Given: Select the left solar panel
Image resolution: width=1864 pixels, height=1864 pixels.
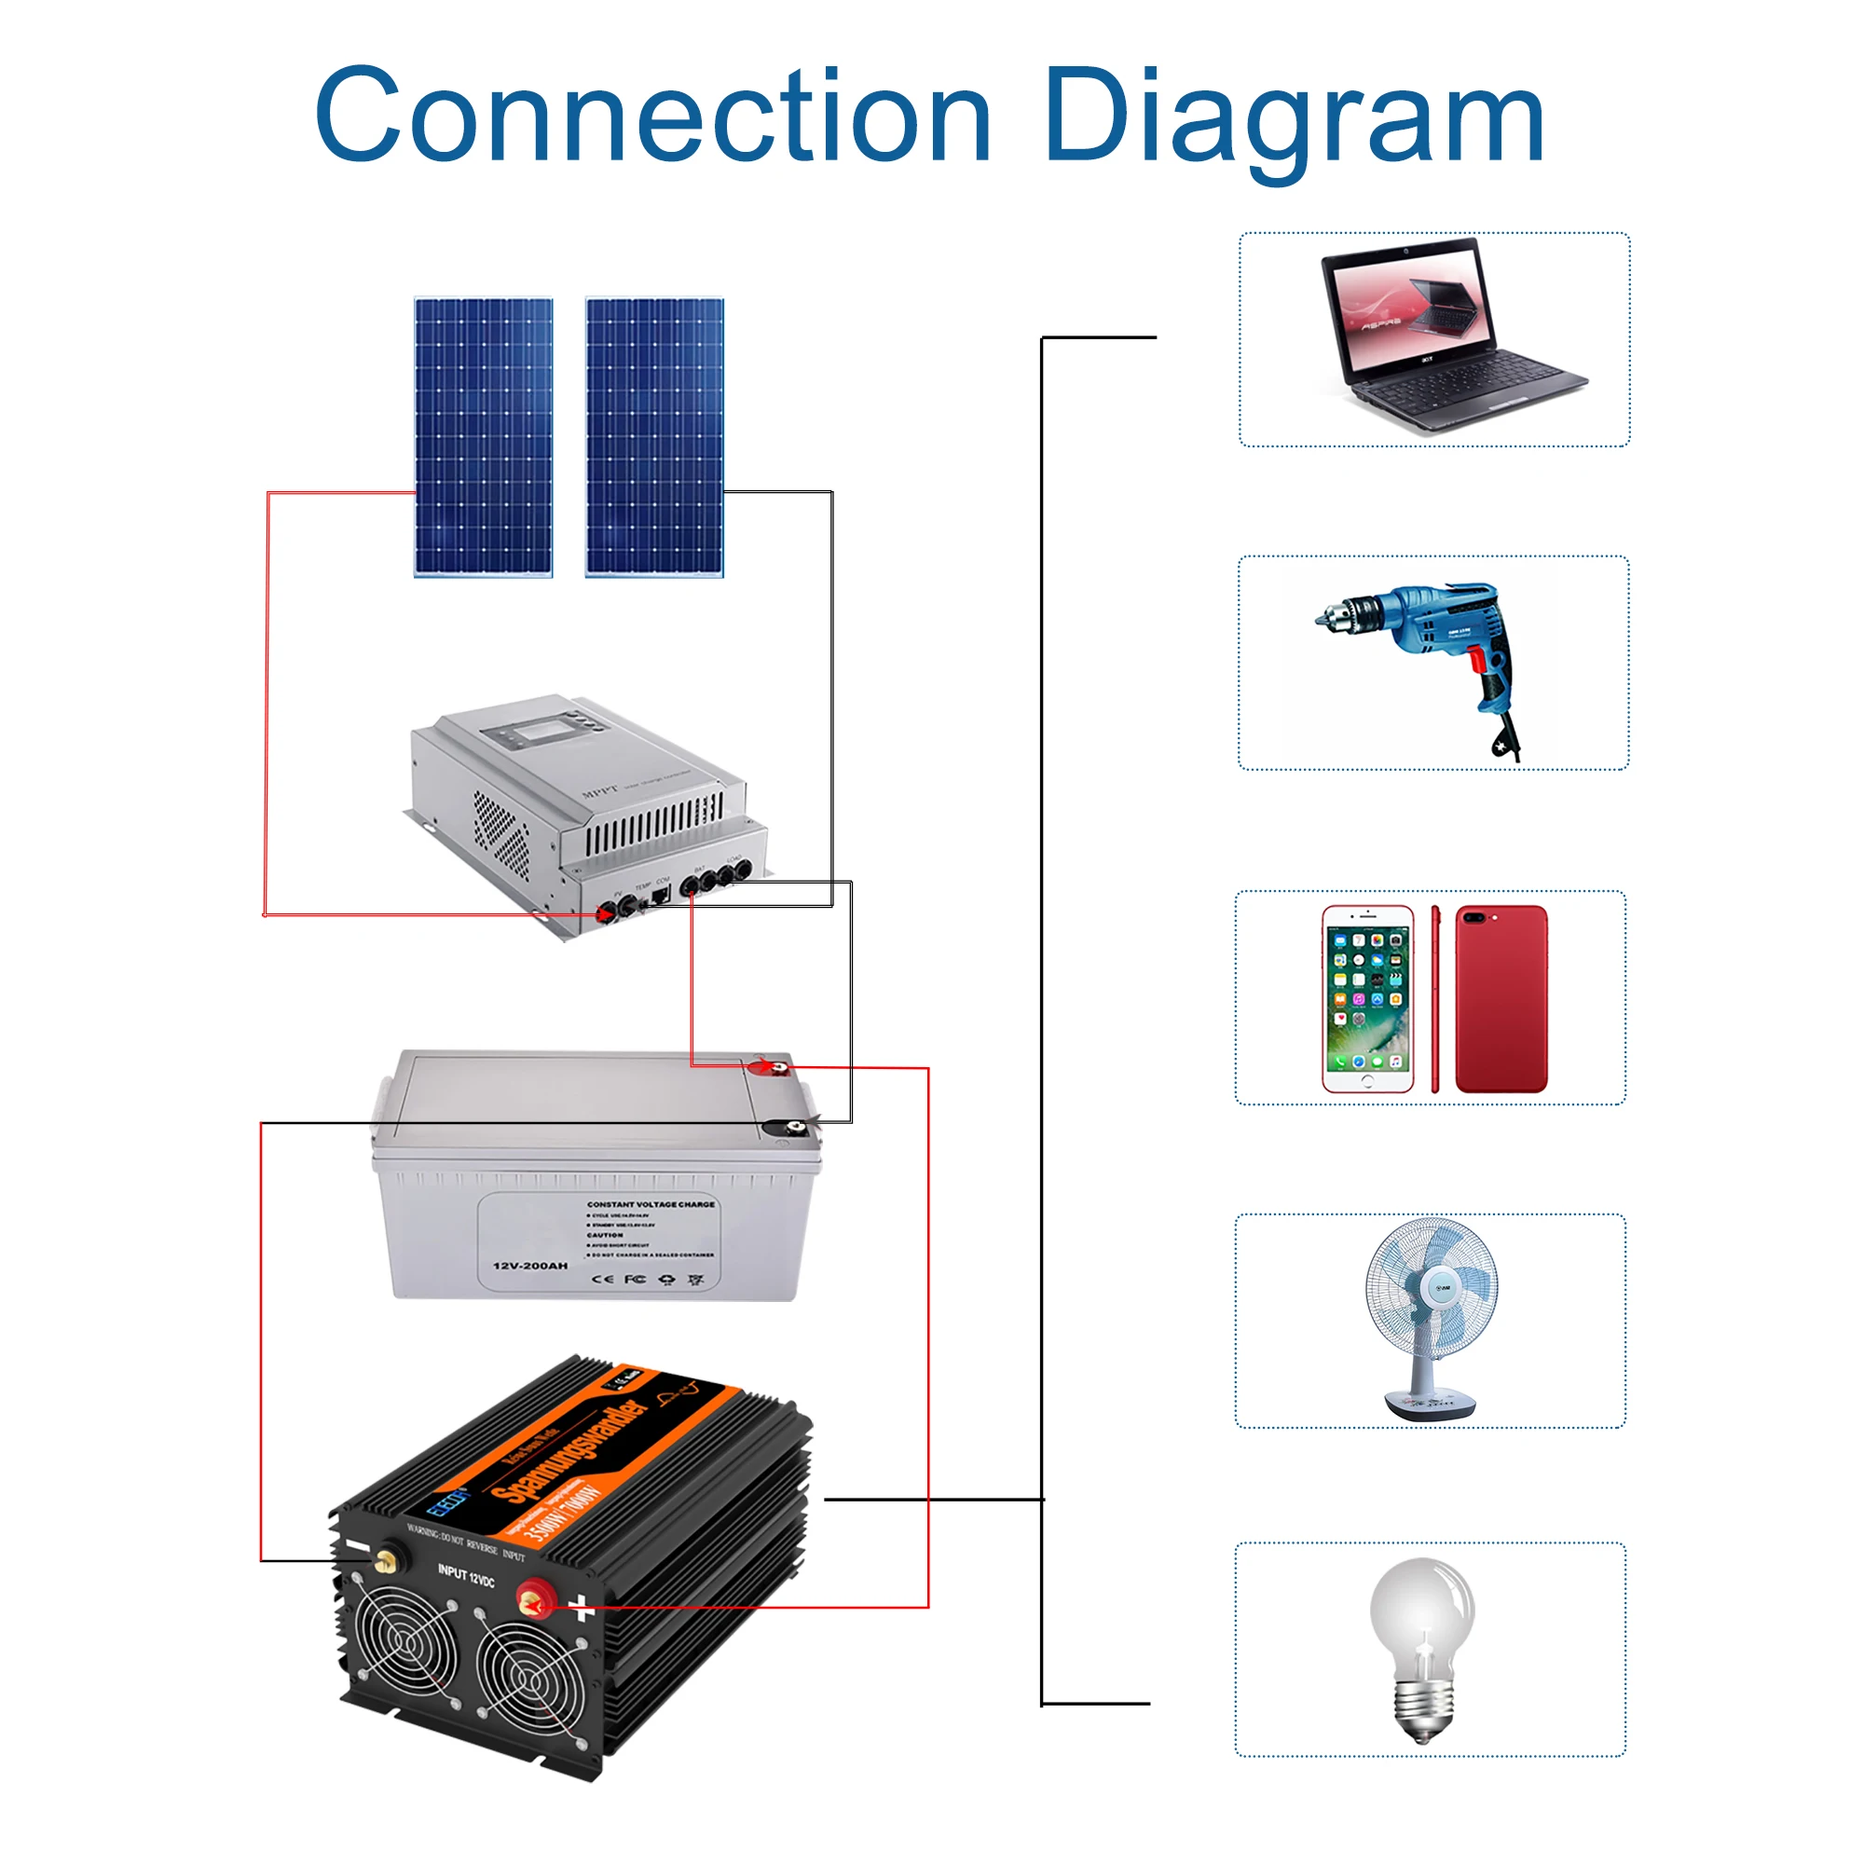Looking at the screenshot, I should tap(484, 437).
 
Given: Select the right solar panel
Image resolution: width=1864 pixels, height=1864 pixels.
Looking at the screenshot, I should tap(654, 437).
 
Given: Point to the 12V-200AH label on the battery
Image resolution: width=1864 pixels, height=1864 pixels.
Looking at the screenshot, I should tap(529, 1266).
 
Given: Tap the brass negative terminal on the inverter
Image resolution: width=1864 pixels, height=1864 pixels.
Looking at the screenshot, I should tap(389, 1557).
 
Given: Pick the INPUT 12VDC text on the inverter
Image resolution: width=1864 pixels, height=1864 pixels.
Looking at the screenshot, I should tap(466, 1575).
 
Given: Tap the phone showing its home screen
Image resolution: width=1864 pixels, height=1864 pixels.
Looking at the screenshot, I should tap(1367, 998).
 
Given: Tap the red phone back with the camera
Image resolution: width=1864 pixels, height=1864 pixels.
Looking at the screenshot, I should tap(1501, 998).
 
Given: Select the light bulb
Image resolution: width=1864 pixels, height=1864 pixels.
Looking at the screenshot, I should tap(1422, 1649).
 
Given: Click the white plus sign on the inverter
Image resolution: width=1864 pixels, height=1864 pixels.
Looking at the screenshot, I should tap(581, 1607).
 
